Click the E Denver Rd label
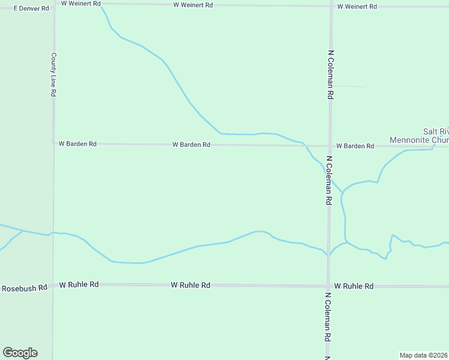point(31,8)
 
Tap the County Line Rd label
point(53,75)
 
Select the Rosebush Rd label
point(24,288)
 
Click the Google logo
point(20,353)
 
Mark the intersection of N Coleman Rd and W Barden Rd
point(330,146)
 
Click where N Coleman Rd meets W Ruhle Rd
point(328,286)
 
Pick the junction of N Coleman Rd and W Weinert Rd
point(331,5)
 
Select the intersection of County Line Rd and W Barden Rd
point(53,143)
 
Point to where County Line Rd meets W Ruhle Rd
point(53,284)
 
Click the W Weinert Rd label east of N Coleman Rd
point(357,7)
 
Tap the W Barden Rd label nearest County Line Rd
point(77,144)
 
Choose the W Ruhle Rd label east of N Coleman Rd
point(354,286)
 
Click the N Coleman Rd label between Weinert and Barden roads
point(330,74)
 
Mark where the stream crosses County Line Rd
point(53,232)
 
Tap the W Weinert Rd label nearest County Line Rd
point(81,4)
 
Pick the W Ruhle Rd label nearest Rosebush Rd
point(79,284)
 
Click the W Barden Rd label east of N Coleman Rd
point(355,146)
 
